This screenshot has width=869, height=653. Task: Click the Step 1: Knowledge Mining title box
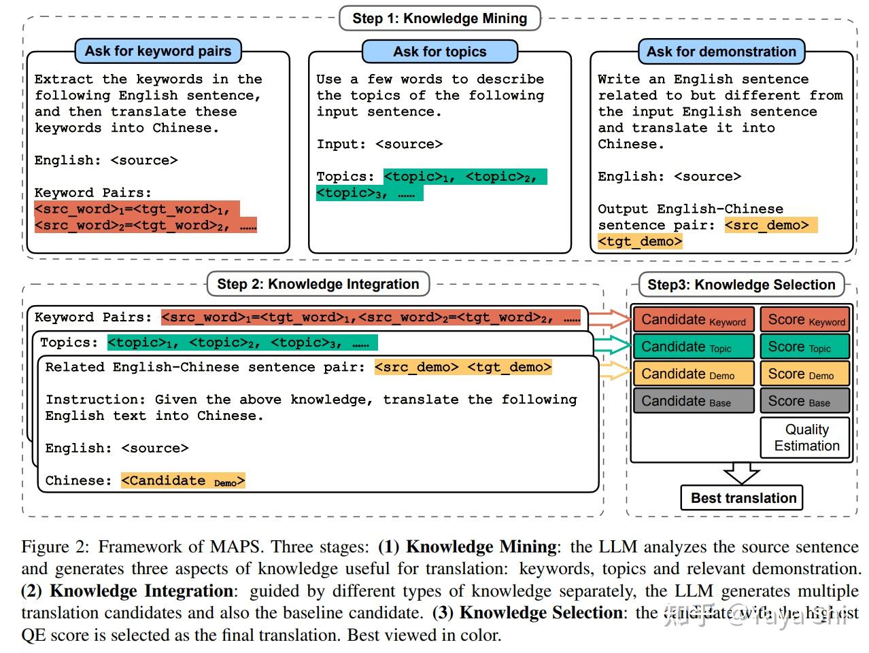point(439,18)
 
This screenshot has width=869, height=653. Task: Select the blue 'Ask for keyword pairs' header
point(158,51)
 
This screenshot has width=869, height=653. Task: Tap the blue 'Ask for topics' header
point(439,52)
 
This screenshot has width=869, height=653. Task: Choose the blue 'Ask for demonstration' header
point(721,52)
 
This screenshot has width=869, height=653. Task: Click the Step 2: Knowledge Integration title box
point(318,284)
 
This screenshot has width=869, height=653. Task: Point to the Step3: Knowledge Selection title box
point(741,285)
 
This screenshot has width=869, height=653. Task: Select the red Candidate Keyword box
point(693,320)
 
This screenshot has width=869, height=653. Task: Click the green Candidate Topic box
point(693,347)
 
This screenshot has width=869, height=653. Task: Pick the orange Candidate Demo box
point(693,374)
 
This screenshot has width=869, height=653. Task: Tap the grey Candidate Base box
point(693,402)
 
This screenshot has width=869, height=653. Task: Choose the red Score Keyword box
point(806,320)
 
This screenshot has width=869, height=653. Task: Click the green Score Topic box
point(806,347)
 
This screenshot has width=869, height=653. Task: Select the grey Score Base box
point(806,402)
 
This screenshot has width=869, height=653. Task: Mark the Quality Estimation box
point(806,438)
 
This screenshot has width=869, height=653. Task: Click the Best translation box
point(743,498)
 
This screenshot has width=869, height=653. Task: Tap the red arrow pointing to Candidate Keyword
point(610,318)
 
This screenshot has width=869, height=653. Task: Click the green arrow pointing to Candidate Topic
point(612,345)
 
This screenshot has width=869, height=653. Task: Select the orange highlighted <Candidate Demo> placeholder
point(183,481)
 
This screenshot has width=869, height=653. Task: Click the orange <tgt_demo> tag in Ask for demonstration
point(640,242)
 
